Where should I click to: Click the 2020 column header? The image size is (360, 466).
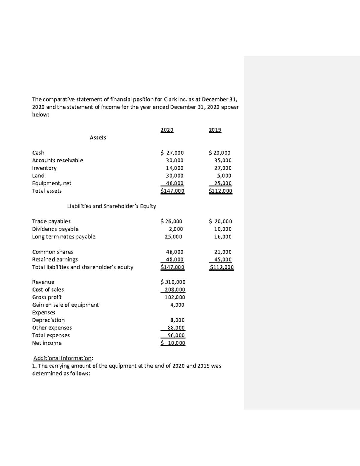(167, 130)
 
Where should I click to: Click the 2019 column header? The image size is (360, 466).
(215, 130)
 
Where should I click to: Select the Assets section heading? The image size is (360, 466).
(98, 137)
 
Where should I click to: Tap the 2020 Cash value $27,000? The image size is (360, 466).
(172, 153)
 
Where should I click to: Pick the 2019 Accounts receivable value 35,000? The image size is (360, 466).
(222, 160)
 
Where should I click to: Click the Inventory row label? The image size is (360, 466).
(44, 168)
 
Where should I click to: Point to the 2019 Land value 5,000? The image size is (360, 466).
(224, 176)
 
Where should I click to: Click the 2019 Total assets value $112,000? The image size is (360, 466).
(220, 191)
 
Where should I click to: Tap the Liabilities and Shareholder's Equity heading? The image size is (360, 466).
(112, 206)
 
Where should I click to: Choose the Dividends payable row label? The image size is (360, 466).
(55, 229)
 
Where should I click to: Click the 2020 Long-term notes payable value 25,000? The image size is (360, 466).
(173, 236)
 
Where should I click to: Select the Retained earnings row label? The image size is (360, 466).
(55, 259)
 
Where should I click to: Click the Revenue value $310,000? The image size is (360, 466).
(173, 282)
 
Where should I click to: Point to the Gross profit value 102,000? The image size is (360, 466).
(175, 297)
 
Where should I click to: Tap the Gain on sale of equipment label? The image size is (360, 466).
(65, 305)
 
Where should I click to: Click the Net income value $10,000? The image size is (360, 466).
(173, 343)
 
